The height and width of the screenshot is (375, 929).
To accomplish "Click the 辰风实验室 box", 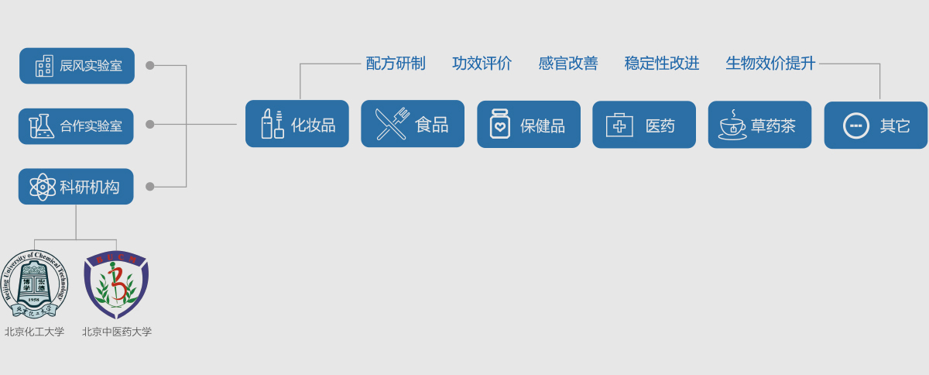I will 77,66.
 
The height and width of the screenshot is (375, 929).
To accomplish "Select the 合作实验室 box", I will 76,126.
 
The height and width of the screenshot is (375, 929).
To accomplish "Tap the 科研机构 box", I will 76,187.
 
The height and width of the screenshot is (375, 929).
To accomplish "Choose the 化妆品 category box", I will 297,124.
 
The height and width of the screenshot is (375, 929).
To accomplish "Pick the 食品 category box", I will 413,124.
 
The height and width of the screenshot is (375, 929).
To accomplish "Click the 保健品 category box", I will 529,124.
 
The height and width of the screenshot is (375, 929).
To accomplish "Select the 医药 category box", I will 644,124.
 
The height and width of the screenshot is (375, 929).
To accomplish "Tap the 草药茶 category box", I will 759,124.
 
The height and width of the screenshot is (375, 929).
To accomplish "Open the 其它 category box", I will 876,125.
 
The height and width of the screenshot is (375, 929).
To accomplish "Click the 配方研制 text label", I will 396,64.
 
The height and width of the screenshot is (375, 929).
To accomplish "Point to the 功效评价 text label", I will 482,64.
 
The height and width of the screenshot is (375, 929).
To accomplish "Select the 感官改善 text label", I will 568,64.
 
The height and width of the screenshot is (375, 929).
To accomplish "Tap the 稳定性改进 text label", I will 662,64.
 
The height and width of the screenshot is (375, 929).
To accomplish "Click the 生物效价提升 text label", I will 770,64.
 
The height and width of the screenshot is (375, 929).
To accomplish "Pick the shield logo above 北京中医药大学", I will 117,284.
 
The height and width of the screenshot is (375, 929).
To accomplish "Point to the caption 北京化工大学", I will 35,332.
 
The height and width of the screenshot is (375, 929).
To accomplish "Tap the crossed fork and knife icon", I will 392,124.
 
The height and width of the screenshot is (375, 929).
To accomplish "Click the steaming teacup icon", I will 732,125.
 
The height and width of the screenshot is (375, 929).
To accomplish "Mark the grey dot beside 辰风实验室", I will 150,66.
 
